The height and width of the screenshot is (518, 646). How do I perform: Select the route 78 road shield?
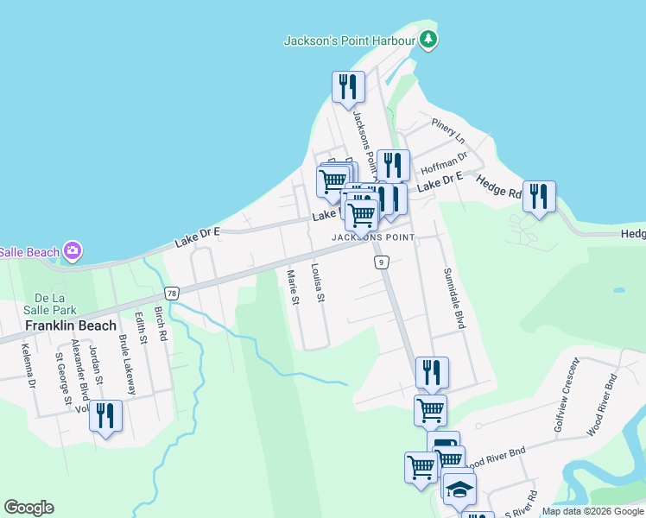tap(173, 294)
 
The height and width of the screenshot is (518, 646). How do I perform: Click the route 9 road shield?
tap(379, 262)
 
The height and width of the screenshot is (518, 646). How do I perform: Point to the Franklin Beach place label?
tap(71, 326)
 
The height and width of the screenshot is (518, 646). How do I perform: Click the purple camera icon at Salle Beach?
tap(73, 251)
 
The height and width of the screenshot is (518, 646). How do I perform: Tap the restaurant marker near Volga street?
tap(105, 415)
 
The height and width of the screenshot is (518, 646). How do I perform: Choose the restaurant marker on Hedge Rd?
tap(539, 196)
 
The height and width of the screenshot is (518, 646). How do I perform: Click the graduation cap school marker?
tap(460, 489)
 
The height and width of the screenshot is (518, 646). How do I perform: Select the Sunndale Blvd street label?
tap(454, 298)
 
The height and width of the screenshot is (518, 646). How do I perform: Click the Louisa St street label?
tap(317, 282)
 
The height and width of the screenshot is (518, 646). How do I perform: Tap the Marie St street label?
tap(292, 288)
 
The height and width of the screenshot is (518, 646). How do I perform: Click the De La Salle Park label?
tap(50, 302)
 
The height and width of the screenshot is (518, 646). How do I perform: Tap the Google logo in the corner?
tap(28, 508)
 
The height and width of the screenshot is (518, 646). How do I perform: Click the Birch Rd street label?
tap(161, 320)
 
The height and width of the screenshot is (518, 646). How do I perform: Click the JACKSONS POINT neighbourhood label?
tap(373, 237)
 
